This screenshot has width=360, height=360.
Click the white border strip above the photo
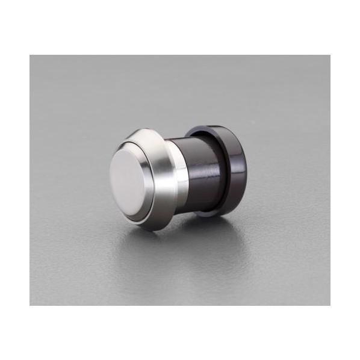click(x=180, y=27)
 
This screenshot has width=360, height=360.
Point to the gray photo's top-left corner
click(x=30, y=55)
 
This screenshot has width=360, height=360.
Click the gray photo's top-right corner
click(x=330, y=55)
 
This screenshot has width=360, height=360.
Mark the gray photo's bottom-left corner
click(x=30, y=305)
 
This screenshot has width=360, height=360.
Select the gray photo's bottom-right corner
click(x=330, y=305)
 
